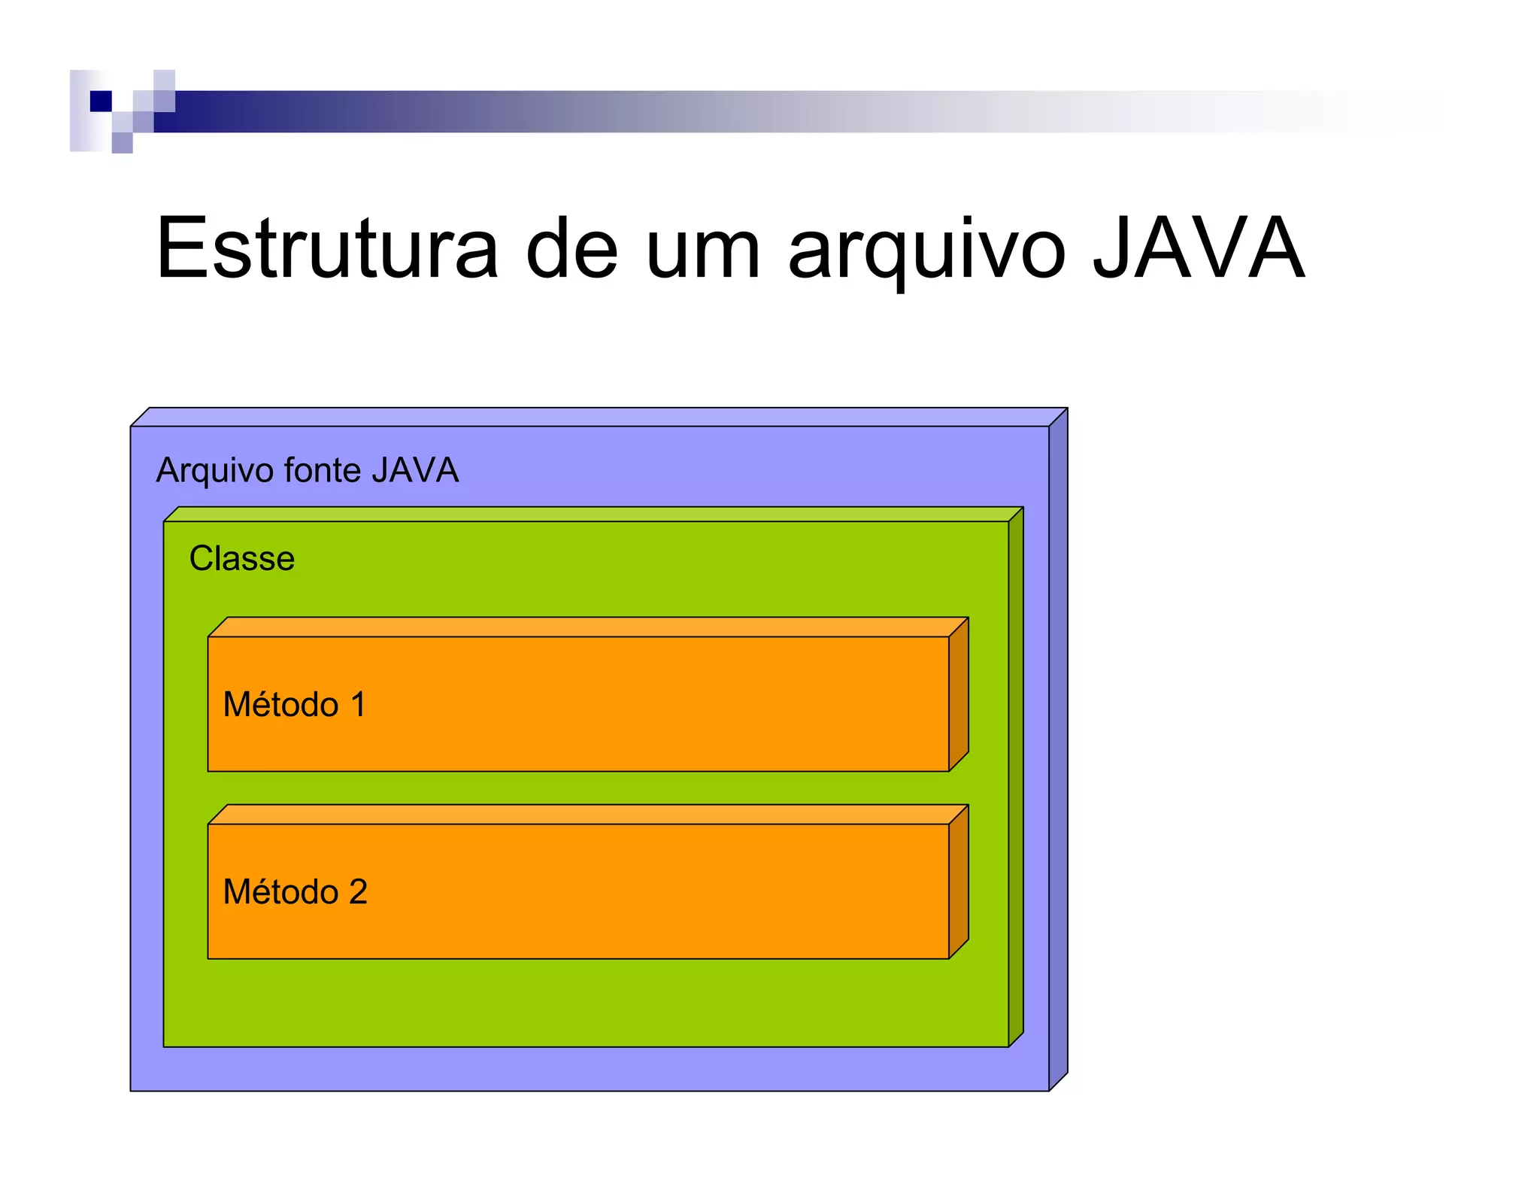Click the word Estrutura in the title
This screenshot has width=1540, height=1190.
click(x=327, y=248)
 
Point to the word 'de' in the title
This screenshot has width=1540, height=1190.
click(x=571, y=248)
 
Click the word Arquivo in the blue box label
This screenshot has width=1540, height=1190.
click(x=214, y=471)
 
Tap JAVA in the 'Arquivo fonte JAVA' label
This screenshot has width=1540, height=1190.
click(x=414, y=470)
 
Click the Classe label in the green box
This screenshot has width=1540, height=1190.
click(x=241, y=558)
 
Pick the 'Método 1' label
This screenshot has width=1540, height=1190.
click(x=294, y=705)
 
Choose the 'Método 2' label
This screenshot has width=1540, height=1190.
click(x=295, y=892)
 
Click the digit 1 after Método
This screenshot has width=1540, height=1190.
click(x=358, y=705)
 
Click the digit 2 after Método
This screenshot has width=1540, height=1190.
click(x=358, y=892)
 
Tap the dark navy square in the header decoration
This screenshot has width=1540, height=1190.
click(x=101, y=101)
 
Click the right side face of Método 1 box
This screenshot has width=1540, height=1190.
click(x=958, y=694)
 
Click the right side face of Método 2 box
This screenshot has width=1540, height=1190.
click(x=958, y=881)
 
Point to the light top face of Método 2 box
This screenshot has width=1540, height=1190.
click(x=587, y=814)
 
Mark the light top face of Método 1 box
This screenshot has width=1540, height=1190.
click(x=587, y=627)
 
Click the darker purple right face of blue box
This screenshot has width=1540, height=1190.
click(x=1058, y=748)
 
